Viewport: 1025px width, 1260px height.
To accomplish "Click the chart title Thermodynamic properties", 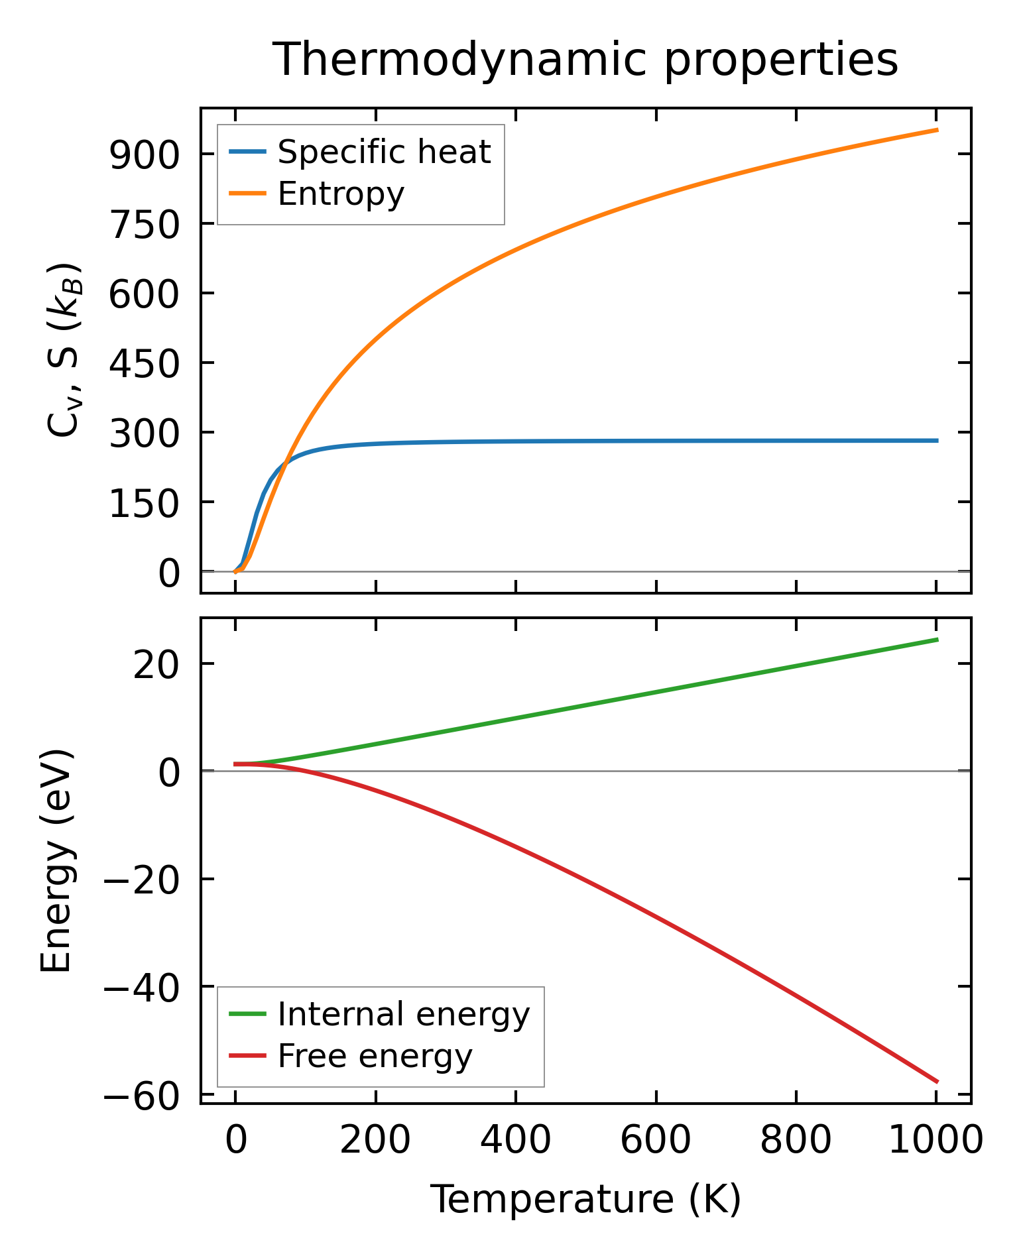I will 585,60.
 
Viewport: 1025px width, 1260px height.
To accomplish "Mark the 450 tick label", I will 145,364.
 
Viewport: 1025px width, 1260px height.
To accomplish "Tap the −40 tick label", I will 141,988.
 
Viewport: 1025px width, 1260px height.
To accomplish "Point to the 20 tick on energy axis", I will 156,665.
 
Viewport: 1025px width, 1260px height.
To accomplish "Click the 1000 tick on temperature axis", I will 935,1141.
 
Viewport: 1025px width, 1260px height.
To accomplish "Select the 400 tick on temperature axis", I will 515,1141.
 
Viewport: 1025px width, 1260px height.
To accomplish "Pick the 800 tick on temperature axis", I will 796,1141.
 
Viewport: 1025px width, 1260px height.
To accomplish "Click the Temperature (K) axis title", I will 585,1200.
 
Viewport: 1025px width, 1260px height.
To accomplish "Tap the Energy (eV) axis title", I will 56,861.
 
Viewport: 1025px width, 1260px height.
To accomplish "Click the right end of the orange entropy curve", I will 937,130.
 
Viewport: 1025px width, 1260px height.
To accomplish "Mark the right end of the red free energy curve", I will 937,1082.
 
